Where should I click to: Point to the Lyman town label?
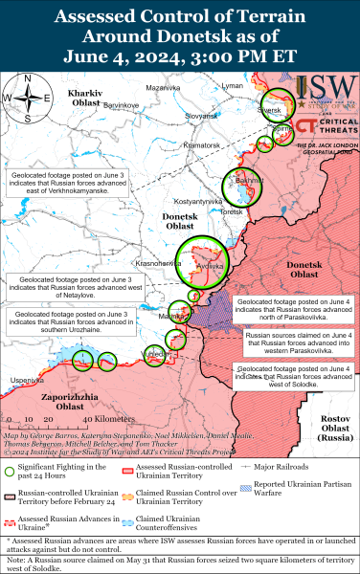[x=232, y=86]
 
